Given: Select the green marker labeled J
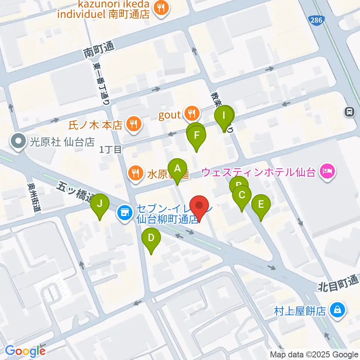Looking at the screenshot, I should click(x=99, y=204).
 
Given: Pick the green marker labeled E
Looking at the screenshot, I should click(x=261, y=205).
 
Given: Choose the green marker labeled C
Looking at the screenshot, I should click(x=242, y=195).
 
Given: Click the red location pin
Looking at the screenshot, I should click(x=199, y=207).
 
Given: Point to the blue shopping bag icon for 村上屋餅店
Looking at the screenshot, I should click(x=337, y=310).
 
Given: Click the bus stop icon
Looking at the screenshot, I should click(x=349, y=111).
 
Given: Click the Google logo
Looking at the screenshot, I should click(x=25, y=351).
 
